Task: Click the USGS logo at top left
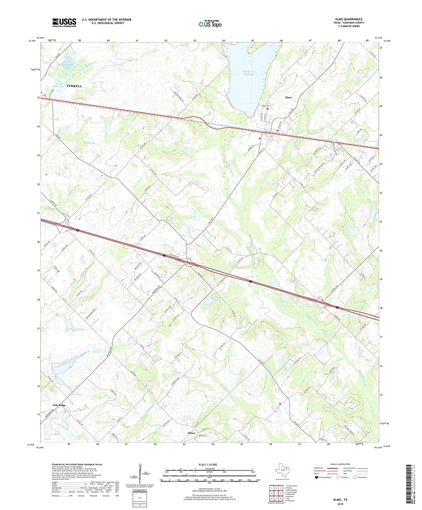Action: click(x=64, y=22)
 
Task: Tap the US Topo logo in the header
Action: click(x=210, y=24)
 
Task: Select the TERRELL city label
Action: click(x=74, y=86)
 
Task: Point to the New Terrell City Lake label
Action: click(x=249, y=73)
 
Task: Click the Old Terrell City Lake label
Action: click(x=59, y=84)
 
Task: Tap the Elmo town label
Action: click(x=288, y=97)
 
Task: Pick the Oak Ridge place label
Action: click(x=59, y=405)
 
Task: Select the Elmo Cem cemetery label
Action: click(x=265, y=106)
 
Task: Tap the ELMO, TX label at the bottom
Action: click(x=340, y=500)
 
